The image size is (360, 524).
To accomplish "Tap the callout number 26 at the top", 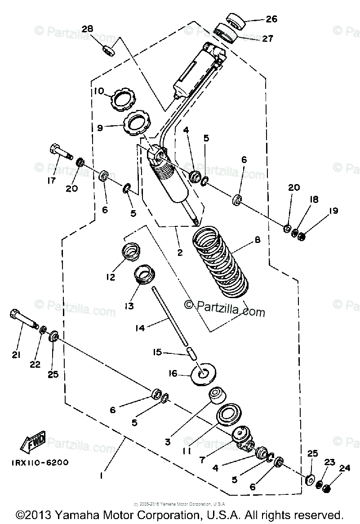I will [x=271, y=19].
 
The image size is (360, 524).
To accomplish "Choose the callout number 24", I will [x=344, y=468].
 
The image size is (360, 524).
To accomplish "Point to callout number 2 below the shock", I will [x=179, y=252].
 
